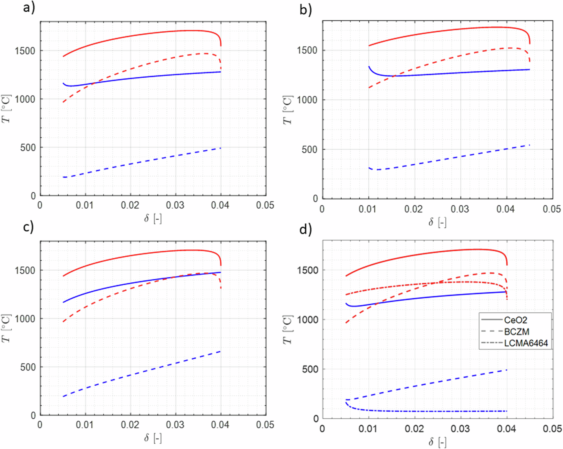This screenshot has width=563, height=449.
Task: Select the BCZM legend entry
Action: (x=516, y=332)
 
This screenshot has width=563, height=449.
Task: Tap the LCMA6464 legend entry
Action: (x=526, y=343)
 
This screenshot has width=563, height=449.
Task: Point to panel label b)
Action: (x=306, y=10)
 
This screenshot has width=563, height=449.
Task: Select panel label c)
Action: (x=28, y=227)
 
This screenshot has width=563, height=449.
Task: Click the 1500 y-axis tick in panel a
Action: (x=25, y=51)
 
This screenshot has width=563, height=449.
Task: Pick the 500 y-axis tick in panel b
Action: (x=310, y=150)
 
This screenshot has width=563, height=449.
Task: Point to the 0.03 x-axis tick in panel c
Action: (x=175, y=425)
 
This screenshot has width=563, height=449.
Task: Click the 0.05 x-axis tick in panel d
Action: (x=552, y=428)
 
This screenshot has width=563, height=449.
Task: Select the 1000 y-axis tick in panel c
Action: (x=25, y=318)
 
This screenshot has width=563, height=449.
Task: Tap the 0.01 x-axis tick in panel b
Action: (x=368, y=209)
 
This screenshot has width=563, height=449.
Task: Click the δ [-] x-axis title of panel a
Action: (x=153, y=219)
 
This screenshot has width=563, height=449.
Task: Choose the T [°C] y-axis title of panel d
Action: (x=287, y=329)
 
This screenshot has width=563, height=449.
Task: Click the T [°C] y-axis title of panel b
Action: (x=287, y=110)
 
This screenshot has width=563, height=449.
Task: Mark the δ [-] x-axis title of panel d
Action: (x=437, y=442)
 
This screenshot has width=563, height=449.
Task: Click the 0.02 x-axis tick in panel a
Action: (x=130, y=205)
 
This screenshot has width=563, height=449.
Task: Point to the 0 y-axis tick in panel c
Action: (x=33, y=415)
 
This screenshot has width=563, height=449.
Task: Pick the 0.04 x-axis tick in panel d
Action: (x=506, y=428)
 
